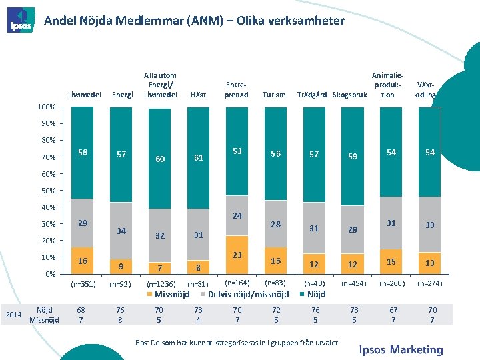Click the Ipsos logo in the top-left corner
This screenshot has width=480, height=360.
click(x=20, y=21)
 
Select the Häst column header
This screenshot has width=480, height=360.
click(x=198, y=95)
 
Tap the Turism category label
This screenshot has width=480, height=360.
click(x=275, y=95)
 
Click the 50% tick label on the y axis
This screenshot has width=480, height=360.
click(x=46, y=191)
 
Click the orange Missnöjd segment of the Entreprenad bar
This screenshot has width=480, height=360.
click(x=237, y=255)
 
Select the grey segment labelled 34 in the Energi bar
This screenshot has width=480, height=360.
click(x=121, y=231)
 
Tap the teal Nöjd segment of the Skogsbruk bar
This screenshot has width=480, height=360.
click(x=353, y=156)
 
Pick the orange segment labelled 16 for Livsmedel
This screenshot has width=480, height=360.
click(x=82, y=261)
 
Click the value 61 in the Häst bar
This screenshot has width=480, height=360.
click(x=198, y=158)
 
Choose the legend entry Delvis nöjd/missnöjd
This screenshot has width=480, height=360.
click(x=249, y=294)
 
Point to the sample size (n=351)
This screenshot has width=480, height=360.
click(x=83, y=283)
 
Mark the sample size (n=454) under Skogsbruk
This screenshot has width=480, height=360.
click(x=353, y=283)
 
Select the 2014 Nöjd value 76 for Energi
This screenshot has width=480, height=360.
click(x=121, y=310)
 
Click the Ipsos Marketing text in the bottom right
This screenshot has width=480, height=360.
click(x=401, y=349)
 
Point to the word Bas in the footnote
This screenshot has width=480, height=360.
click(x=142, y=342)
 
